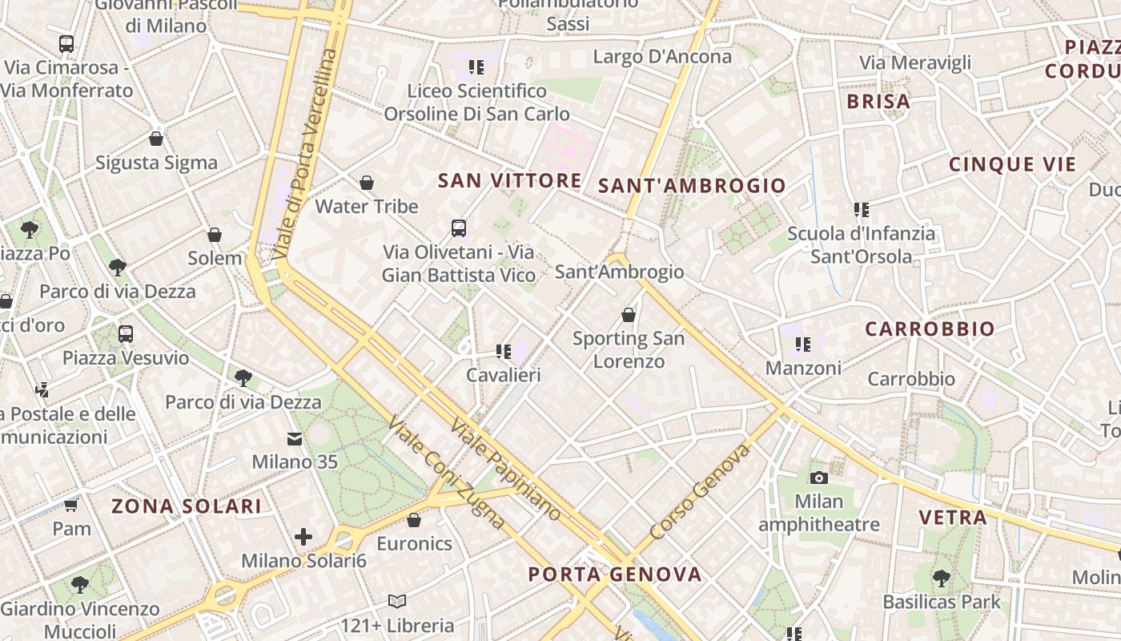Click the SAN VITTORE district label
tap(509, 180)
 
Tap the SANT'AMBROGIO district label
tap(693, 186)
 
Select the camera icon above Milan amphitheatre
tap(818, 478)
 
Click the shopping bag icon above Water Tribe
tap(367, 183)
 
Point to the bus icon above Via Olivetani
tap(459, 228)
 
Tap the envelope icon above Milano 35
tap(295, 438)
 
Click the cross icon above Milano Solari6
tap(303, 537)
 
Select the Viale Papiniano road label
tap(505, 469)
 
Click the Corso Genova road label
tap(700, 492)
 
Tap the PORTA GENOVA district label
tap(615, 574)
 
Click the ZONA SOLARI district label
tap(186, 506)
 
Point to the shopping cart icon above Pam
tap(71, 505)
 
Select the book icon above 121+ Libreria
tap(396, 601)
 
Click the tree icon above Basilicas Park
tap(942, 577)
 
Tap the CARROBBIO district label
tap(930, 329)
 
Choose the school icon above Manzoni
tap(803, 345)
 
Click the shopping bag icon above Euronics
tap(414, 520)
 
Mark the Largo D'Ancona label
tap(662, 56)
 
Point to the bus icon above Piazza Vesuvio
tap(126, 334)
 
